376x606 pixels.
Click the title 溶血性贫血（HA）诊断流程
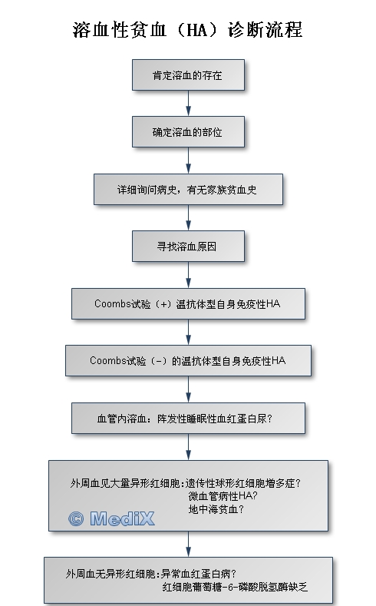click(187, 30)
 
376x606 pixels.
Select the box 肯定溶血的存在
click(189, 75)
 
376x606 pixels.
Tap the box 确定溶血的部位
click(189, 132)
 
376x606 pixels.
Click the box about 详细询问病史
click(189, 189)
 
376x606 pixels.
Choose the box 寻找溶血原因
click(189, 247)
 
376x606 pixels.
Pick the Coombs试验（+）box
click(189, 304)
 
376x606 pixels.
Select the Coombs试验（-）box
click(189, 360)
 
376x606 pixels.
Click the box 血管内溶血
click(189, 418)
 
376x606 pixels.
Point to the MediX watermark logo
click(111, 518)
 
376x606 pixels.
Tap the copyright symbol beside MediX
click(76, 518)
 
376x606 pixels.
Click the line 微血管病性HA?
click(223, 496)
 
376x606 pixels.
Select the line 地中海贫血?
click(216, 509)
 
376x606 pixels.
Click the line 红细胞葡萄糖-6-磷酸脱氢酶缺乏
click(235, 587)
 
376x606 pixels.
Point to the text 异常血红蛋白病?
click(199, 574)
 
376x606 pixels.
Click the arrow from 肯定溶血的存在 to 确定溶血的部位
click(189, 104)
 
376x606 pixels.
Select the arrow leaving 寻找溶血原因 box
click(189, 275)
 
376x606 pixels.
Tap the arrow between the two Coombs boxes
click(189, 333)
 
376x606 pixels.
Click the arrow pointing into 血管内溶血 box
click(189, 389)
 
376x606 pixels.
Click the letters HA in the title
click(197, 30)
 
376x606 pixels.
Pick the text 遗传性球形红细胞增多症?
click(243, 483)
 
